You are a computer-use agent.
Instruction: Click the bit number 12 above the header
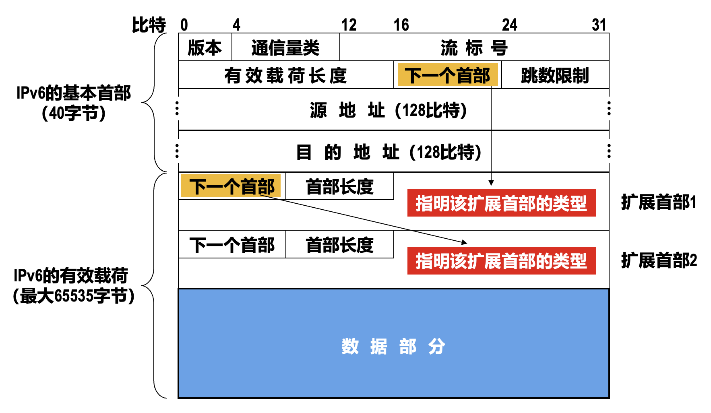349,25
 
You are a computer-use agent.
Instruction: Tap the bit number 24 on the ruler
509,25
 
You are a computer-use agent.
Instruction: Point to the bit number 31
599,25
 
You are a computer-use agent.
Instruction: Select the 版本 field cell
205,47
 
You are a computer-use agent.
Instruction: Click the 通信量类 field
285,47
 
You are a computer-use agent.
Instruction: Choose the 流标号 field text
474,48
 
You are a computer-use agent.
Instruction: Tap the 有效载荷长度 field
285,75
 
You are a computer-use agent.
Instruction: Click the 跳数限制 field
555,75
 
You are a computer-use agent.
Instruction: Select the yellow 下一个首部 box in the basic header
448,75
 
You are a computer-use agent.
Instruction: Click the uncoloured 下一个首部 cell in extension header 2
232,245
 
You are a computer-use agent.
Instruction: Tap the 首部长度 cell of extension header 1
339,186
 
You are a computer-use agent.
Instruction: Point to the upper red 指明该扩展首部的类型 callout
501,203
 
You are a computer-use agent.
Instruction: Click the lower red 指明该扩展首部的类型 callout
501,261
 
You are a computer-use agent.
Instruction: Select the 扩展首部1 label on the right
658,202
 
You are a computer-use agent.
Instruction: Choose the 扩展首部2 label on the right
659,260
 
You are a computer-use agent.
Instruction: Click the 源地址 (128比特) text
389,110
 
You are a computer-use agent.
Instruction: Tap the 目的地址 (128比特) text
389,152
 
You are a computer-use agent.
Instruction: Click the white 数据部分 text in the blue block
393,346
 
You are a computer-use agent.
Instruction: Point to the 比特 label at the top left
149,25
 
